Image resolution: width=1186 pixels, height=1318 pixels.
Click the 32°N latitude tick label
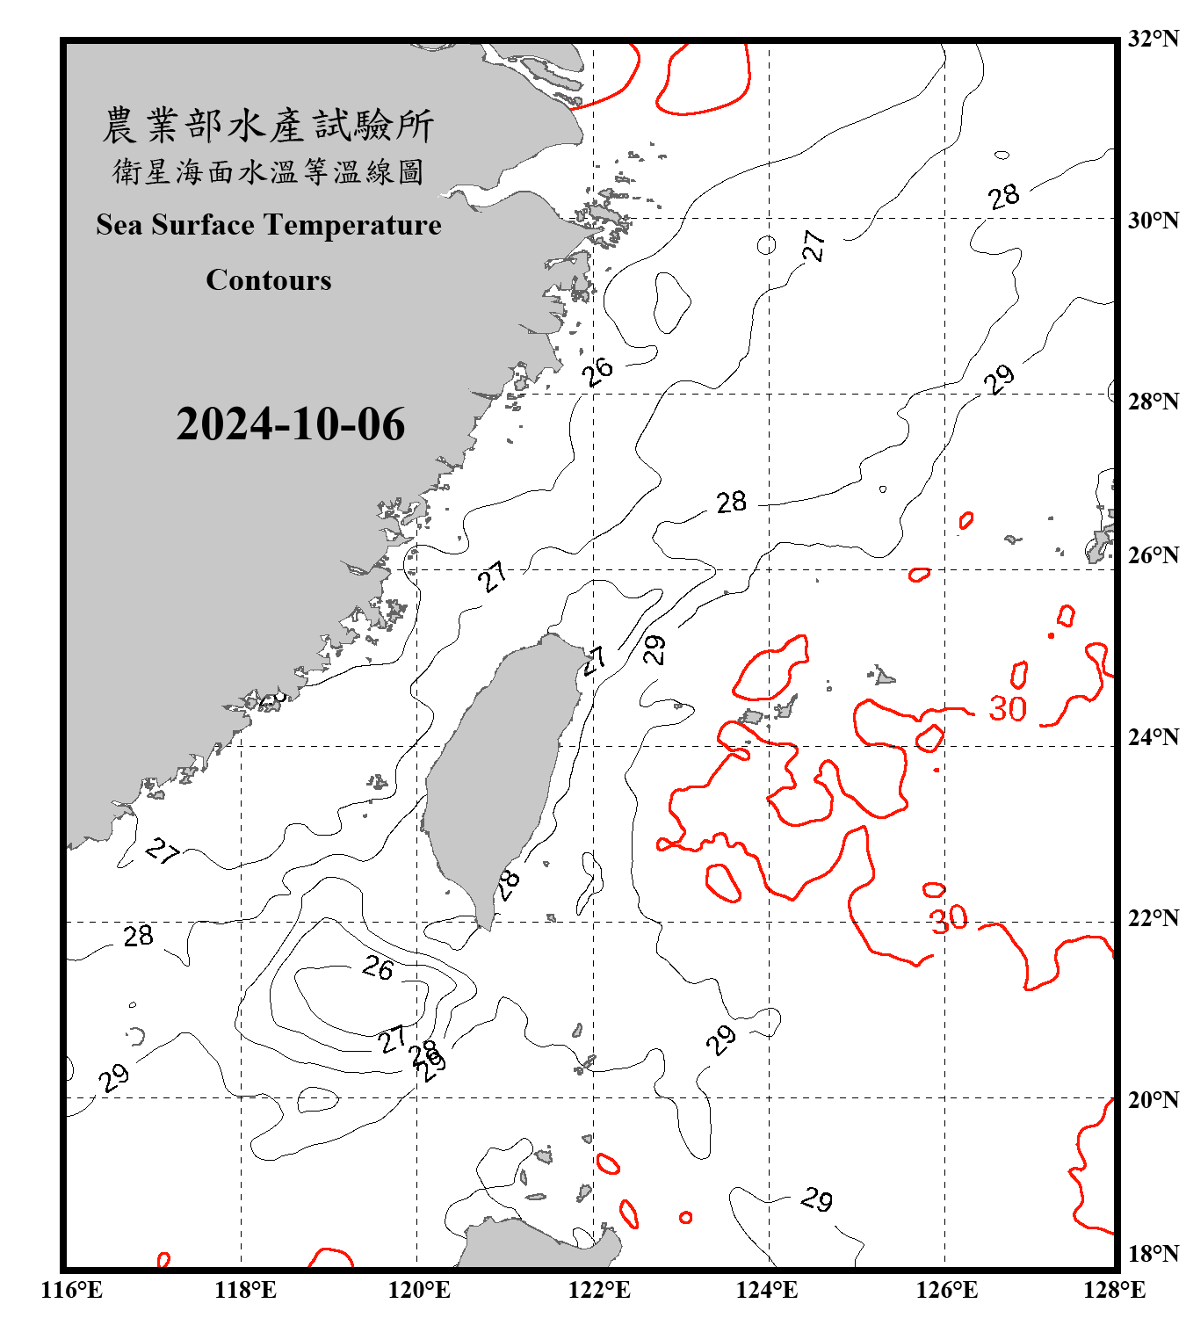(x=1153, y=40)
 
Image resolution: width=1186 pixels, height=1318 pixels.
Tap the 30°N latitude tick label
(x=1153, y=221)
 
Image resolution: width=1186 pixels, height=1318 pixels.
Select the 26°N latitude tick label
(x=1153, y=555)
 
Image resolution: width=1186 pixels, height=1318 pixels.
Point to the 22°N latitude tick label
(x=1153, y=919)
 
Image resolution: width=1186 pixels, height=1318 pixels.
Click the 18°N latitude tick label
(x=1153, y=1254)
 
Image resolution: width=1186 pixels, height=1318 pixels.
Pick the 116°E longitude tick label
(x=72, y=1290)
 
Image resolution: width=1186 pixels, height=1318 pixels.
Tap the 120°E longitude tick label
(x=419, y=1290)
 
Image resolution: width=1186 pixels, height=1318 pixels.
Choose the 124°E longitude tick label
(x=767, y=1290)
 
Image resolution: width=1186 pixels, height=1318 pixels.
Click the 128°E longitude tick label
(x=1114, y=1290)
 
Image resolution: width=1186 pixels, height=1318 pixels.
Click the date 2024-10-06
(x=291, y=424)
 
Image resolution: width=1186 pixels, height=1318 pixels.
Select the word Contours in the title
(x=269, y=279)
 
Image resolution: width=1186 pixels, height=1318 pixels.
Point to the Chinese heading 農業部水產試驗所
(x=269, y=125)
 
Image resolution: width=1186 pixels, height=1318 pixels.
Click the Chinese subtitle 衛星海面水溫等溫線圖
(x=269, y=171)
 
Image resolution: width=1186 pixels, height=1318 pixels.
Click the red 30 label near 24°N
(x=1008, y=709)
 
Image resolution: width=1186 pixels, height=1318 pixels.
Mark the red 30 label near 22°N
(x=950, y=919)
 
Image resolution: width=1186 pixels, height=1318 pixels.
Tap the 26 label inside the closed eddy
(x=378, y=968)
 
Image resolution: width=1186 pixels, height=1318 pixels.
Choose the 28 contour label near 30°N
(x=1004, y=196)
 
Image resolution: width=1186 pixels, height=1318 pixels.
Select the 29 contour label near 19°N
(x=817, y=1199)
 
